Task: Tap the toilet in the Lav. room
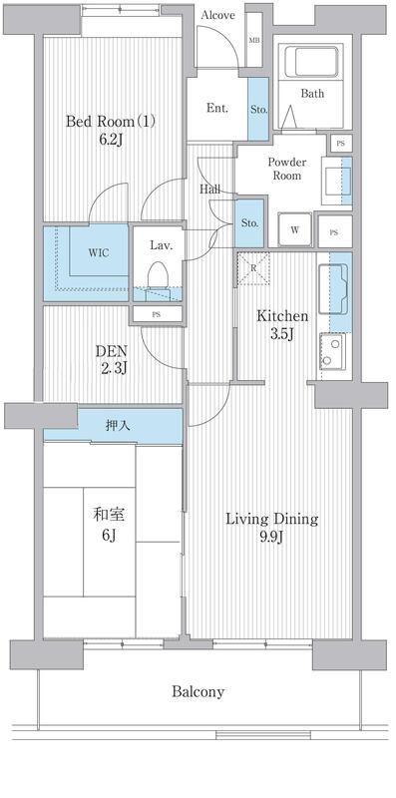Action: [x=158, y=276]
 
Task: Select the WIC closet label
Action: [x=98, y=253]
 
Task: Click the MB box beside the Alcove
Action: [x=254, y=40]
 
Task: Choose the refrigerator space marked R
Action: [x=252, y=268]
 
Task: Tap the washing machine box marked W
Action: [x=294, y=229]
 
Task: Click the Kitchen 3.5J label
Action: [x=281, y=325]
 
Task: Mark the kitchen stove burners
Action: [x=332, y=351]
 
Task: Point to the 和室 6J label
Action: [x=109, y=525]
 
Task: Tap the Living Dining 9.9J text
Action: [x=271, y=528]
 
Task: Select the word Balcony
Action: [x=198, y=692]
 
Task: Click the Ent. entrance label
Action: [x=216, y=108]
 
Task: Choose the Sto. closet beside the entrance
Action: [x=258, y=109]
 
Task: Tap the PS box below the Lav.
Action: [x=157, y=314]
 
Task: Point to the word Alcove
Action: [x=217, y=15]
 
